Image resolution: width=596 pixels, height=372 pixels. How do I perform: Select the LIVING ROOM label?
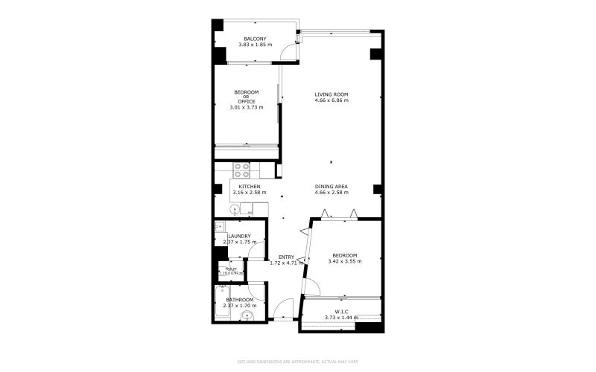tap(331, 94)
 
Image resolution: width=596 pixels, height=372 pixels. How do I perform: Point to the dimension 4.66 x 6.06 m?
tap(331, 100)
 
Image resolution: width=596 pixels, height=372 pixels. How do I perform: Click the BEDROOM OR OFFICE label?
tap(247, 97)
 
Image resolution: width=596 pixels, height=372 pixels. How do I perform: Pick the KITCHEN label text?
tap(249, 186)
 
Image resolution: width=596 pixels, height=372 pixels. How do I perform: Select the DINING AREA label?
tap(332, 186)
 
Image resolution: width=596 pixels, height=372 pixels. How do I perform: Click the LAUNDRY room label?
tap(239, 237)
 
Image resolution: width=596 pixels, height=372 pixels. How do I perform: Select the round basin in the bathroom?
tap(248, 316)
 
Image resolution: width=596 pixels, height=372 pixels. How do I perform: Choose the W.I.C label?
tap(341, 312)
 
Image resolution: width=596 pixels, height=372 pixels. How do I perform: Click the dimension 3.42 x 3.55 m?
tap(344, 261)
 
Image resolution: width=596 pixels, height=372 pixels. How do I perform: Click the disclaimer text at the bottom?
tap(298, 362)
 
